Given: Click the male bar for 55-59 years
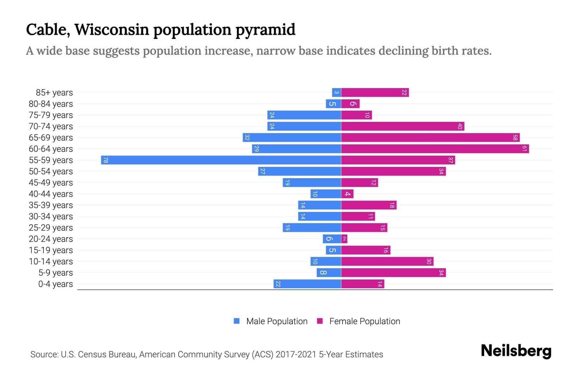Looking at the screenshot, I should pyautogui.click(x=221, y=160).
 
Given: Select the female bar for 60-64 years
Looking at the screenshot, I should pyautogui.click(x=435, y=149).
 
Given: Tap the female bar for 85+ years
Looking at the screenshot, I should pyautogui.click(x=375, y=92).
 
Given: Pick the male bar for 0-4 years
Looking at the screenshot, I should pyautogui.click(x=307, y=284).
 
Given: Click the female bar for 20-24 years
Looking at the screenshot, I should pyautogui.click(x=344, y=239).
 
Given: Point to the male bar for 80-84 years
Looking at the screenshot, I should pyautogui.click(x=333, y=104).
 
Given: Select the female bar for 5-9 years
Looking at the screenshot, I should pyautogui.click(x=393, y=272).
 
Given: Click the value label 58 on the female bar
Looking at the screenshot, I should pyautogui.click(x=515, y=138).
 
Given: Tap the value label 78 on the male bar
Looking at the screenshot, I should pyautogui.click(x=106, y=160).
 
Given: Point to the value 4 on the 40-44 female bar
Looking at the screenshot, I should pyautogui.click(x=347, y=194).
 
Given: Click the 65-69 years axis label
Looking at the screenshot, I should pyautogui.click(x=51, y=138).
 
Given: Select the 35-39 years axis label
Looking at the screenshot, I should pyautogui.click(x=51, y=205).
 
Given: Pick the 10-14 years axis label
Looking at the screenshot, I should pyautogui.click(x=51, y=262).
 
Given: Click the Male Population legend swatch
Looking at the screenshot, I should pyautogui.click(x=237, y=321).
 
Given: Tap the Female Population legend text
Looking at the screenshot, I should pyautogui.click(x=364, y=321).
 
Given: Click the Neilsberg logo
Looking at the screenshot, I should pyautogui.click(x=516, y=351).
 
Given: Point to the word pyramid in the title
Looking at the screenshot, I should pyautogui.click(x=265, y=30).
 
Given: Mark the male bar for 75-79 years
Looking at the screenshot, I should pyautogui.click(x=304, y=115).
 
